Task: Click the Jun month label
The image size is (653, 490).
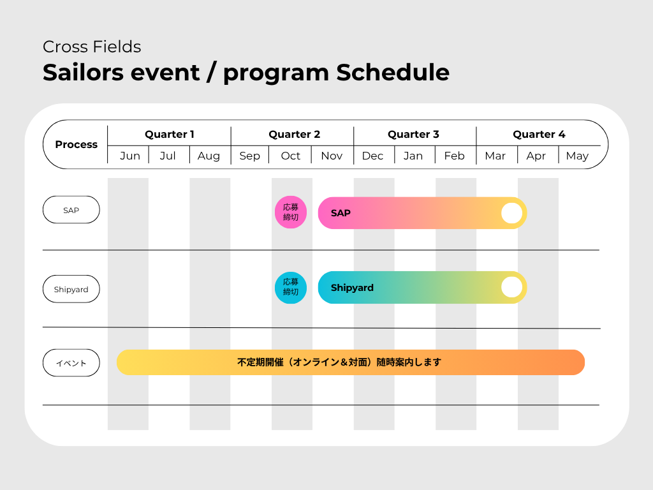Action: [130, 156]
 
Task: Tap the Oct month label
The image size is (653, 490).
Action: [290, 156]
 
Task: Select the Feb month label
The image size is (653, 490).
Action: [454, 156]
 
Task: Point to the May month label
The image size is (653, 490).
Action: [577, 156]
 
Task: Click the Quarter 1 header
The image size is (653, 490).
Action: [170, 134]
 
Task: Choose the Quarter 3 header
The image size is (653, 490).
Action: [413, 134]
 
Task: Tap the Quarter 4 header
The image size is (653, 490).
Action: [539, 134]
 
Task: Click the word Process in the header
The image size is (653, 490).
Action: [77, 145]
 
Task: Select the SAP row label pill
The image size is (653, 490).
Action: [71, 210]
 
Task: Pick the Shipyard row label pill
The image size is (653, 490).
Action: [71, 289]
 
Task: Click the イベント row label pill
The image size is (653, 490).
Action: [71, 363]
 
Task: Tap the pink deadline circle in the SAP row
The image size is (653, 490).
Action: [291, 212]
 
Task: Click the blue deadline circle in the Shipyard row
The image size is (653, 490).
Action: [291, 288]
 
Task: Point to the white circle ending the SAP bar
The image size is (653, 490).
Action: [512, 213]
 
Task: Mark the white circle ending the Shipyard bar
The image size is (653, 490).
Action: [512, 288]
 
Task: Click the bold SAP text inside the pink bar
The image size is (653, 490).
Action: [341, 213]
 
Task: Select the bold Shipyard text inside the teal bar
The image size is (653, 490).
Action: [352, 288]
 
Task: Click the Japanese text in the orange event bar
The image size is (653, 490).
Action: [339, 362]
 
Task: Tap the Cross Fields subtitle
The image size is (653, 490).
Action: [92, 47]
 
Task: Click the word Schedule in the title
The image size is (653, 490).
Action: [393, 73]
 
